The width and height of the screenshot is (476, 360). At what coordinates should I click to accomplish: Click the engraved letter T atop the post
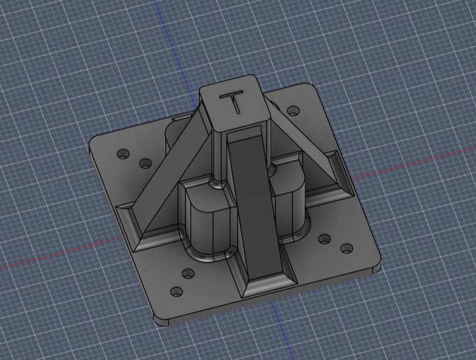pos(234,101)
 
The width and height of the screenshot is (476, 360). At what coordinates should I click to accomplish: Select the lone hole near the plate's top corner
pos(293,111)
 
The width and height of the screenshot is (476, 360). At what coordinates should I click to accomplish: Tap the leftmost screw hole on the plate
pos(123,154)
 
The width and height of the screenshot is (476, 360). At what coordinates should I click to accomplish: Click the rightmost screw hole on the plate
pos(347,249)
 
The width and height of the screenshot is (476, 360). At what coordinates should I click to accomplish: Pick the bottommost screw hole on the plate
pos(177,292)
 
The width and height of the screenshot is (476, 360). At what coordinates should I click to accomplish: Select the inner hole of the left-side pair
pos(146,164)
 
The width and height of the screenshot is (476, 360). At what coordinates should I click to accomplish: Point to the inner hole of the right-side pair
pos(324,239)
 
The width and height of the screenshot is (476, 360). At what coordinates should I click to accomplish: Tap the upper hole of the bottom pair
pos(188,274)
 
